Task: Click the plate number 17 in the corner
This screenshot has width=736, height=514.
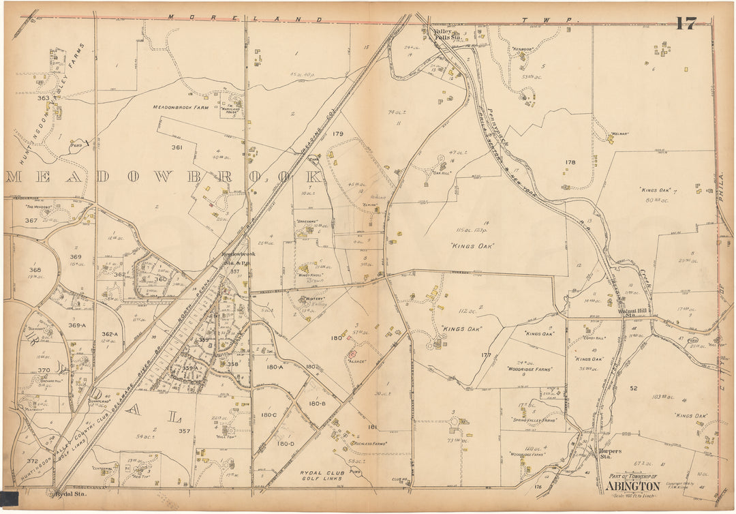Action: click(x=686, y=24)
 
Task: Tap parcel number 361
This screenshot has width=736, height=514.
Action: click(x=177, y=147)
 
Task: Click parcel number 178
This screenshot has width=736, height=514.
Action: click(x=570, y=162)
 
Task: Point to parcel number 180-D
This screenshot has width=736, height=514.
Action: click(x=286, y=444)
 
